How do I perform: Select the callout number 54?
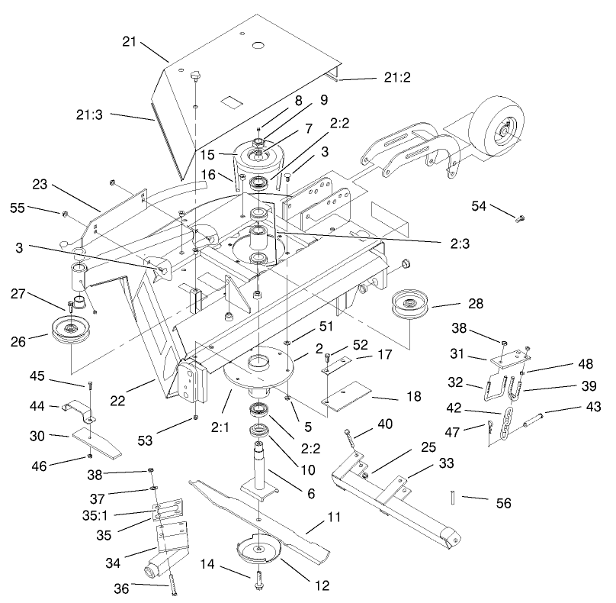pyautogui.click(x=479, y=205)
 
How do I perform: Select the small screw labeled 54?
pyautogui.click(x=519, y=219)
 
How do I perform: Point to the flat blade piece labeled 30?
pyautogui.click(x=97, y=443)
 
